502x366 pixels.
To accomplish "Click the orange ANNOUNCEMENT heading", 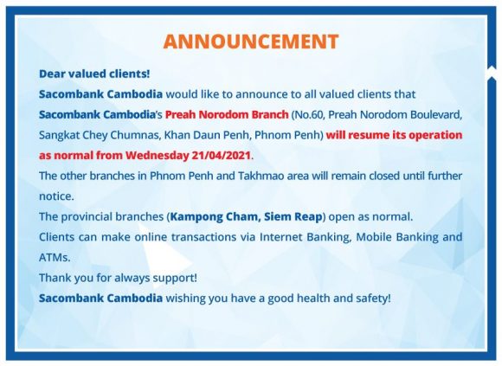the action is click(251, 42).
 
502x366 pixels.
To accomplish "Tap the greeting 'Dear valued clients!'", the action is click(94, 74).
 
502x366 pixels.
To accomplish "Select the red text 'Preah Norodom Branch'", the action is click(227, 114).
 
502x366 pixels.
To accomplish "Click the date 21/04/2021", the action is click(221, 156).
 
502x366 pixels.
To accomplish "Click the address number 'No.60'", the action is click(308, 114).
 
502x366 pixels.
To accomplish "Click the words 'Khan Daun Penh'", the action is click(207, 135).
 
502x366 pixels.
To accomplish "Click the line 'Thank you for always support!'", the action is click(118, 278).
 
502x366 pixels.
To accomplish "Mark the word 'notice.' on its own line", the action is click(56, 196).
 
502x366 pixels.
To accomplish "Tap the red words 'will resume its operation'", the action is click(394, 135).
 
